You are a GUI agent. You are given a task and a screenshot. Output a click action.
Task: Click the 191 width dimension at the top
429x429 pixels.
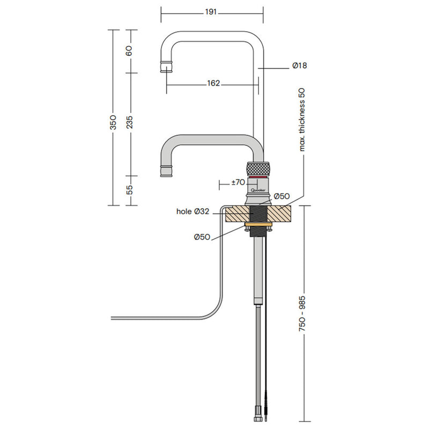point(211,12)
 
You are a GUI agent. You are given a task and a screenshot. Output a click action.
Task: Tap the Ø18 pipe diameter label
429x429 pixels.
point(299,65)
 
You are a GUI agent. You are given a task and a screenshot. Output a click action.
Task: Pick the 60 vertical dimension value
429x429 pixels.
point(130,51)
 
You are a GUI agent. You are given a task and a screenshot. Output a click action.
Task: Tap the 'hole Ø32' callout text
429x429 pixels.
point(193,212)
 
